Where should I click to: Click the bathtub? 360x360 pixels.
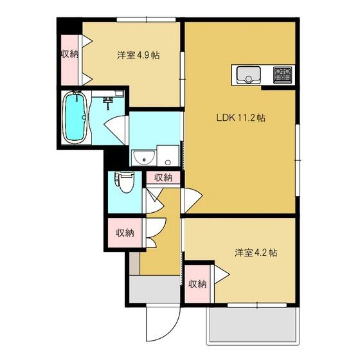(x=75, y=118)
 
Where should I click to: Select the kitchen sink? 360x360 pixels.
(x=248, y=75)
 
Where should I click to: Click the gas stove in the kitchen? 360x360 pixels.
(x=282, y=75)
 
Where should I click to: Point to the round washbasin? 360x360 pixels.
(x=144, y=157)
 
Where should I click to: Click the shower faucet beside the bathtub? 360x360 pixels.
(x=108, y=102)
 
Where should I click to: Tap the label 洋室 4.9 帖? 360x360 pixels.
(x=138, y=55)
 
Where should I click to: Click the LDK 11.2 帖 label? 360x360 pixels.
(x=241, y=118)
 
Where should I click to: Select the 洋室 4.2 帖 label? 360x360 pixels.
(x=256, y=253)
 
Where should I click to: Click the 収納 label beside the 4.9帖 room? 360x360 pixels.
(x=69, y=54)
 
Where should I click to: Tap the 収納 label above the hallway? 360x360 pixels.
(x=163, y=177)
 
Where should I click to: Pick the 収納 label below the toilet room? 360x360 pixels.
(x=125, y=233)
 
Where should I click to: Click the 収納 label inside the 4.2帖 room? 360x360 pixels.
(x=197, y=284)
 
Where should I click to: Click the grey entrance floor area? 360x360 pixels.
(x=154, y=289)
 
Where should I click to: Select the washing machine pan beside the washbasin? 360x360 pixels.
(x=168, y=155)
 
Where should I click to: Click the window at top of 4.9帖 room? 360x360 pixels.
(x=146, y=19)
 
